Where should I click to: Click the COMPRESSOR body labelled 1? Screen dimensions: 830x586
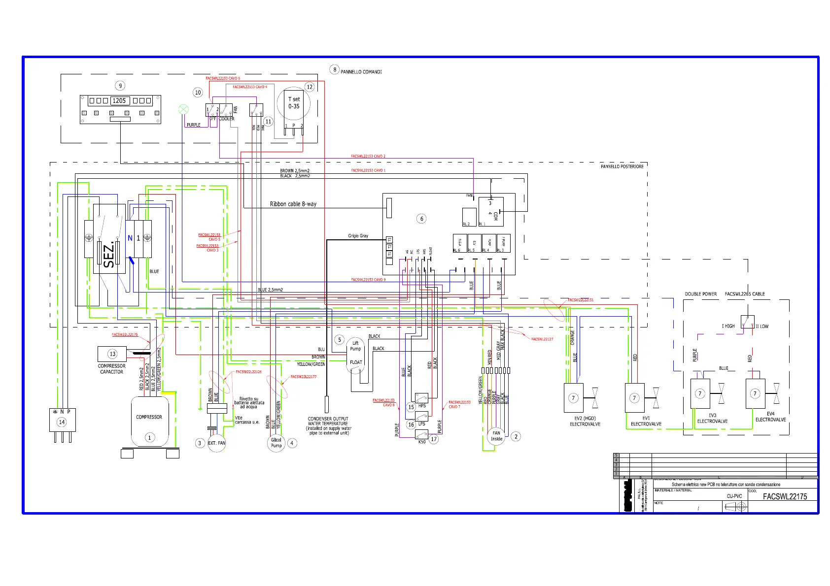pos(149,422)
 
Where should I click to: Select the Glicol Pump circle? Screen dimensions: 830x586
pos(277,443)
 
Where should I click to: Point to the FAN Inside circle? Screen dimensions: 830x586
pos(496,436)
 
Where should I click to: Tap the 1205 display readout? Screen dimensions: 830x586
pos(119,100)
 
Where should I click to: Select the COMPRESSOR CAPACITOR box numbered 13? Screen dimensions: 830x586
pos(112,354)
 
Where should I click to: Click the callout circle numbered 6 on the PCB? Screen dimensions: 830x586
pos(421,219)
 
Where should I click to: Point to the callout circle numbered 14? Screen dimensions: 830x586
pos(62,422)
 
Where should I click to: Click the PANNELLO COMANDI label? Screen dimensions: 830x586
pos(361,72)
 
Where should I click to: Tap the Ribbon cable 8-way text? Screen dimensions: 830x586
pos(293,204)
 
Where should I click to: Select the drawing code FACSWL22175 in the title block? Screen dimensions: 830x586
pos(785,496)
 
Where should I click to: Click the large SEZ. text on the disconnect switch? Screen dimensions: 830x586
pos(109,254)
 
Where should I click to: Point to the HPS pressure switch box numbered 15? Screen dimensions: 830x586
pos(421,398)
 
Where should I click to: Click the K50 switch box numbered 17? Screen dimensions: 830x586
pos(421,435)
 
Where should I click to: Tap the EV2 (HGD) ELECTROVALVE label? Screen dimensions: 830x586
pos(585,421)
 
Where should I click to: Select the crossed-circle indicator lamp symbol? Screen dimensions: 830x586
pos(183,109)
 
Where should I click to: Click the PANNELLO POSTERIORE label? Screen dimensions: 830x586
pos(622,166)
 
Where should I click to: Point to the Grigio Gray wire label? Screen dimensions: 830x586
pos(358,236)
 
